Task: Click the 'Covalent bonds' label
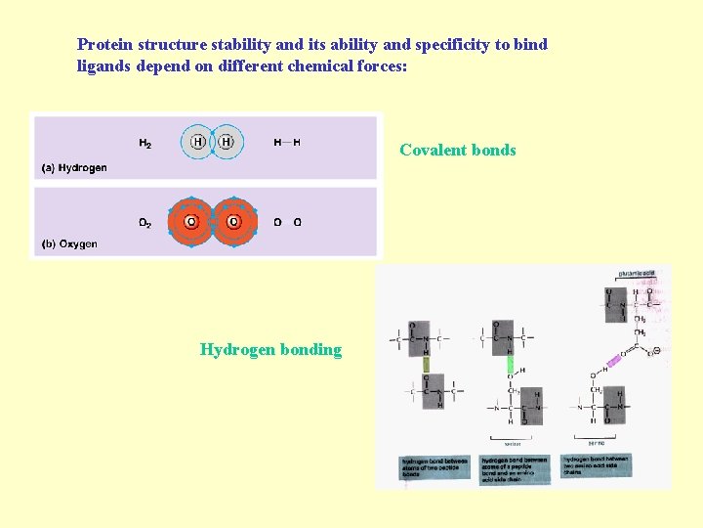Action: point(457,151)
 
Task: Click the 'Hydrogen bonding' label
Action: point(270,350)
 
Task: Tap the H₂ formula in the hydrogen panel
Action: point(145,144)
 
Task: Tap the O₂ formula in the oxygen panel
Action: point(145,223)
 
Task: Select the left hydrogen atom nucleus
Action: point(198,143)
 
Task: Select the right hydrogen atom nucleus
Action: point(227,143)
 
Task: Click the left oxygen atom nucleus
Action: point(191,222)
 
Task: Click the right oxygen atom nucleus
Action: point(233,222)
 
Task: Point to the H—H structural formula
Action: point(287,143)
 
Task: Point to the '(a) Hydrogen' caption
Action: point(74,168)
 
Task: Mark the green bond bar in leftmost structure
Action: point(426,365)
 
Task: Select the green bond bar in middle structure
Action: point(510,366)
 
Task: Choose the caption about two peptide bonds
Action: point(434,466)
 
